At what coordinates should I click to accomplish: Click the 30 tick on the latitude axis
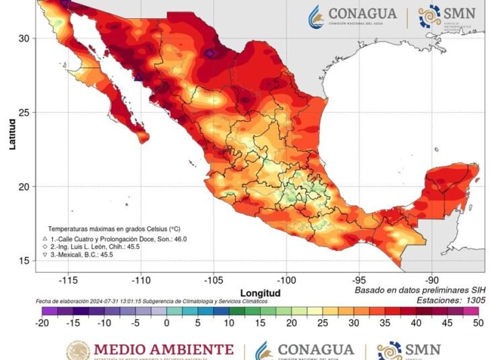point(24,38)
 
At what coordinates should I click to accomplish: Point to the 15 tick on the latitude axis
point(24,261)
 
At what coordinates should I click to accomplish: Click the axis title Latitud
point(12,134)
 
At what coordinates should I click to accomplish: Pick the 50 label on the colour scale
point(479,322)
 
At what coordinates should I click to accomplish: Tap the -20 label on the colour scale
point(44,322)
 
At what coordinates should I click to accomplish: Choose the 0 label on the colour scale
point(166,322)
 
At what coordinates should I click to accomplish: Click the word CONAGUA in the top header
point(362,13)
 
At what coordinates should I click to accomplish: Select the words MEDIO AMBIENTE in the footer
point(163,350)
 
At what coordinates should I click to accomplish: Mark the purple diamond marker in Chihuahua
point(210,53)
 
